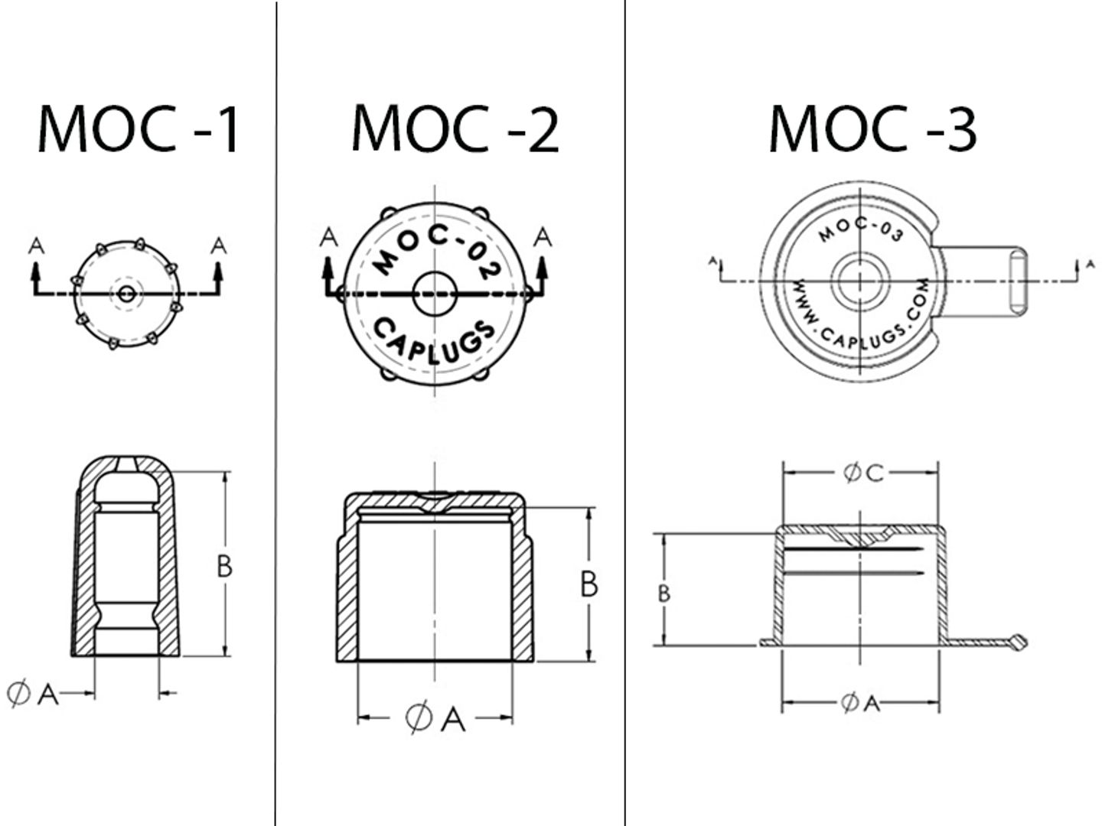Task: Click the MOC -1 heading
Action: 138,128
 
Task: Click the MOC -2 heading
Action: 455,128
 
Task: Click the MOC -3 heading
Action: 872,128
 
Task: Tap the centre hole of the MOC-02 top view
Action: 435,294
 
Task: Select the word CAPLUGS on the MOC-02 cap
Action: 435,341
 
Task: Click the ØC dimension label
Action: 863,473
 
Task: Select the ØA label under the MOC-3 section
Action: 860,703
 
